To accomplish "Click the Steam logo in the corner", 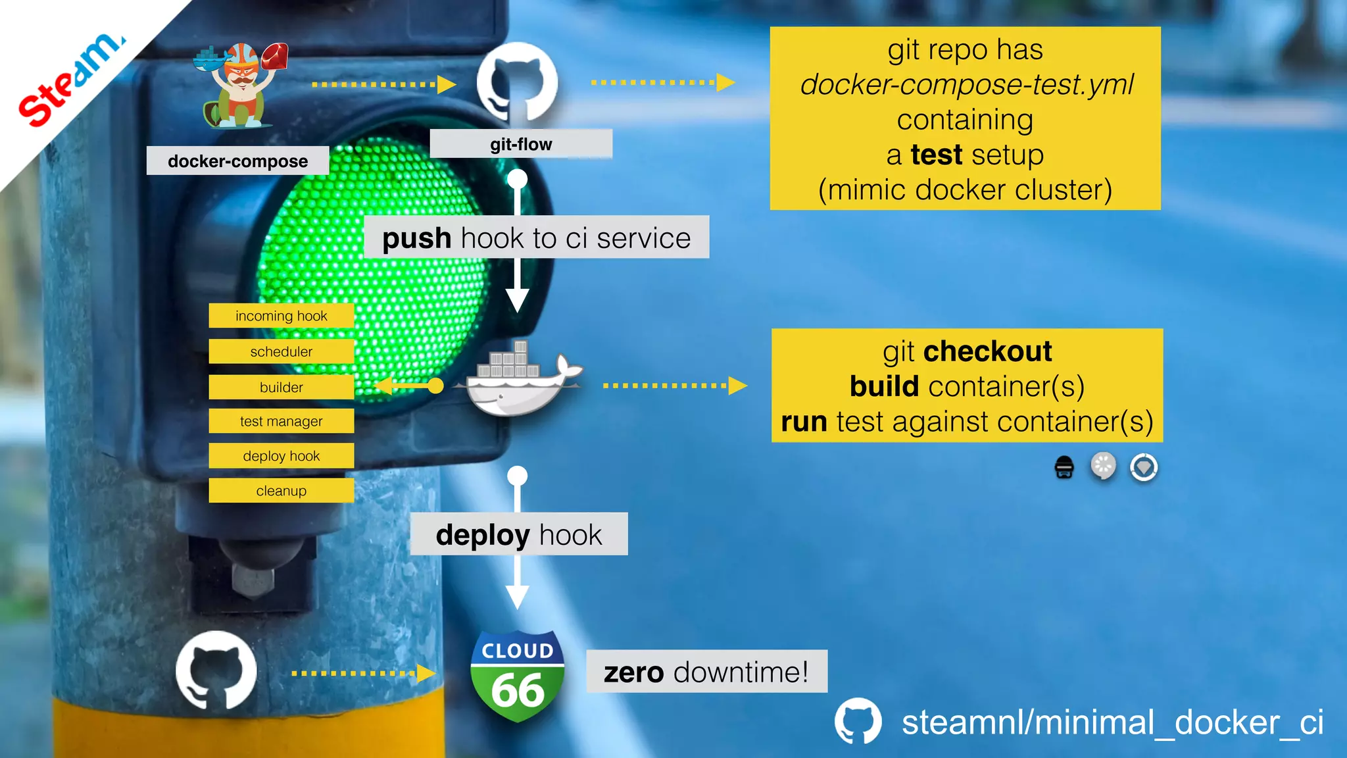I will click(x=69, y=79).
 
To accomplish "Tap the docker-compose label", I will click(x=237, y=161).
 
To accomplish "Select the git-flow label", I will click(x=521, y=144).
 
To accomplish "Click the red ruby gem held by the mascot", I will click(x=274, y=57).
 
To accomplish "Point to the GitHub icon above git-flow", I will click(x=517, y=82).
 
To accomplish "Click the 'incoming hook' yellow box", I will click(x=281, y=316).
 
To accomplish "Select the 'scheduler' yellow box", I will click(x=281, y=351).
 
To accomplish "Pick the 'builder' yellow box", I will click(x=281, y=387).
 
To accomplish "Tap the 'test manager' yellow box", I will click(x=281, y=421).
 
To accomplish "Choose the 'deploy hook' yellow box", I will click(x=281, y=456).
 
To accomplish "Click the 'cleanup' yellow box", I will click(x=281, y=491).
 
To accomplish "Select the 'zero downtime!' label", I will click(x=706, y=672).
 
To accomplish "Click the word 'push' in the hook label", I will click(x=416, y=238).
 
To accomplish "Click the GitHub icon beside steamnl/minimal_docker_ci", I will click(x=858, y=721).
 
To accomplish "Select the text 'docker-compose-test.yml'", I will click(x=967, y=84).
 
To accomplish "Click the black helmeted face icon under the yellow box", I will click(x=1064, y=467).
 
